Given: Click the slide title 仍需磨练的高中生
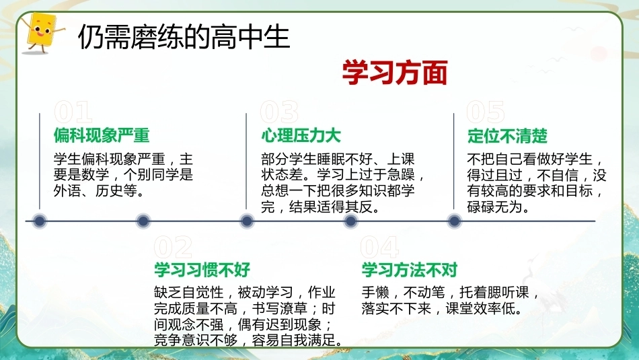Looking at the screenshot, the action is coord(184,37).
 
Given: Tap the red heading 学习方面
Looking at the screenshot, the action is coord(394,73).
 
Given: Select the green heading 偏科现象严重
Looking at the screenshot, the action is coord(102,135).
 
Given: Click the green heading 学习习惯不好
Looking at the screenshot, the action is coord(202,269).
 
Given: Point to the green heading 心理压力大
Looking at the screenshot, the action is coord(301,135).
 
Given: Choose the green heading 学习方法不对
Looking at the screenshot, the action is coord(410,269).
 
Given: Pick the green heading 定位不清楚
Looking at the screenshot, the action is coord(507,136).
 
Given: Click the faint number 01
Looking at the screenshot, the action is coord(73,112).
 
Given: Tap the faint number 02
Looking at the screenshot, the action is coord(173,247).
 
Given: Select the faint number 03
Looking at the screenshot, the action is coord(280,112).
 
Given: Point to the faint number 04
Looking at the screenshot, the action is coord(379,247).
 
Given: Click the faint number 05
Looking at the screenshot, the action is coord(486,112).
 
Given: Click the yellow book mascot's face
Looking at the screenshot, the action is coord(42,30).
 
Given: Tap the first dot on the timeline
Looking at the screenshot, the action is coord(40,221).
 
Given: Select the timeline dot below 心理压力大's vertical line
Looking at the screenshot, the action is coord(247,221).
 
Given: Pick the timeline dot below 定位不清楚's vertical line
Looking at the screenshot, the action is coord(454,221).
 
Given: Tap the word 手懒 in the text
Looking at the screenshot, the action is coord(375,292).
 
